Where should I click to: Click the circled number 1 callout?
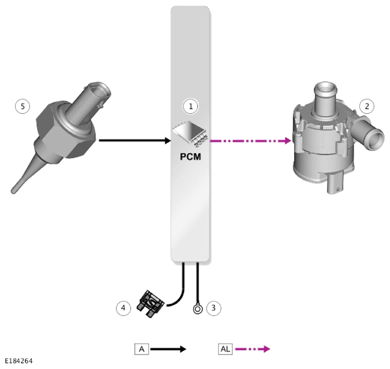pos(191,106)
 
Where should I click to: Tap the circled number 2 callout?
pos(367,106)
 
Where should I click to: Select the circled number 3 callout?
pos(213,308)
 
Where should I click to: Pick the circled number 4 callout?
pos(123,308)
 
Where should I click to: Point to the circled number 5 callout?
pos(23,106)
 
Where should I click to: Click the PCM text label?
pos(191,157)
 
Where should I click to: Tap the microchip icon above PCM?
pos(191,133)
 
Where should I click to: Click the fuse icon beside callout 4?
pos(150,304)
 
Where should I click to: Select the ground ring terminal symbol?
pos(198,309)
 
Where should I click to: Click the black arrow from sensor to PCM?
pos(135,140)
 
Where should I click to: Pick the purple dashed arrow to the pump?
pos(251,141)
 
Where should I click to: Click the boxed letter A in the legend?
pos(142,349)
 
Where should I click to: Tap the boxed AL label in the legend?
pos(225,349)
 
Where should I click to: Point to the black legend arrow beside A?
pos(168,349)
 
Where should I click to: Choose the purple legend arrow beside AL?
pos(252,349)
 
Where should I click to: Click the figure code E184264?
pos(18,361)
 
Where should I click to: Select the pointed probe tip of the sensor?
pos(13,191)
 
